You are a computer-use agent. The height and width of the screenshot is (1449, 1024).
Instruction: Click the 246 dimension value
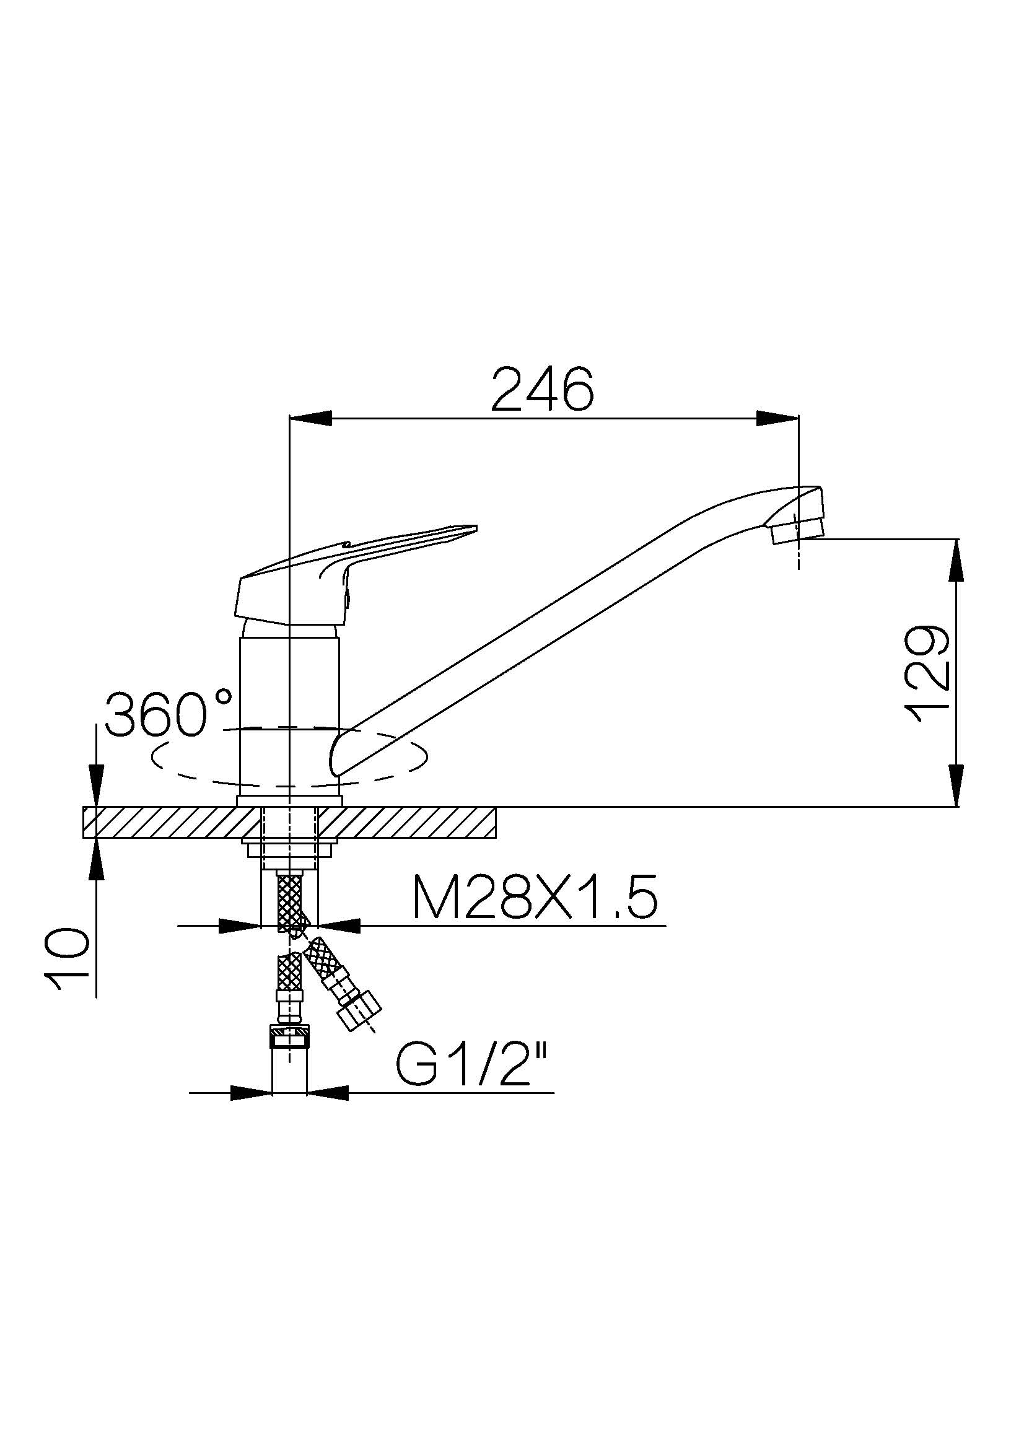tap(543, 388)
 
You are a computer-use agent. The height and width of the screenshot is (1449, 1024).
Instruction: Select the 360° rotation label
tap(169, 714)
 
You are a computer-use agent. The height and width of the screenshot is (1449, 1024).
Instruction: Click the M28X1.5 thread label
tap(535, 897)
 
